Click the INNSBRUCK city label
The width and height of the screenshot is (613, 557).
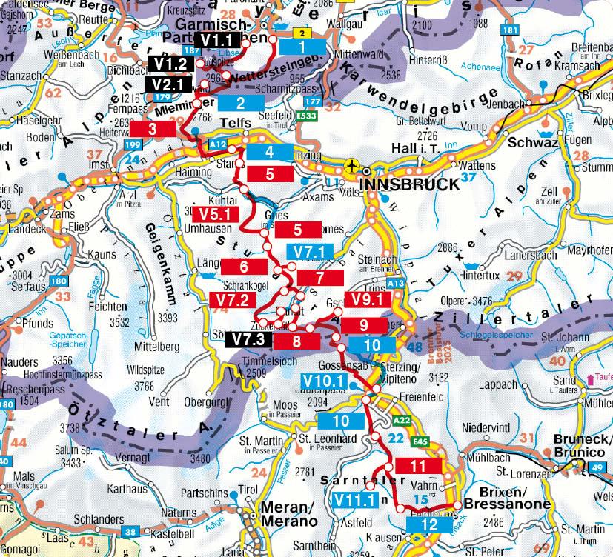[x=410, y=184]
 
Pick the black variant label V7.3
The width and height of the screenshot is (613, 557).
[x=248, y=341]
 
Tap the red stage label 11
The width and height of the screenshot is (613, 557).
[x=418, y=466]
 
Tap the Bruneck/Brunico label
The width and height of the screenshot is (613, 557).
[x=583, y=452]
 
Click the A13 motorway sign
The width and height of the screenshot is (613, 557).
[x=396, y=283]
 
